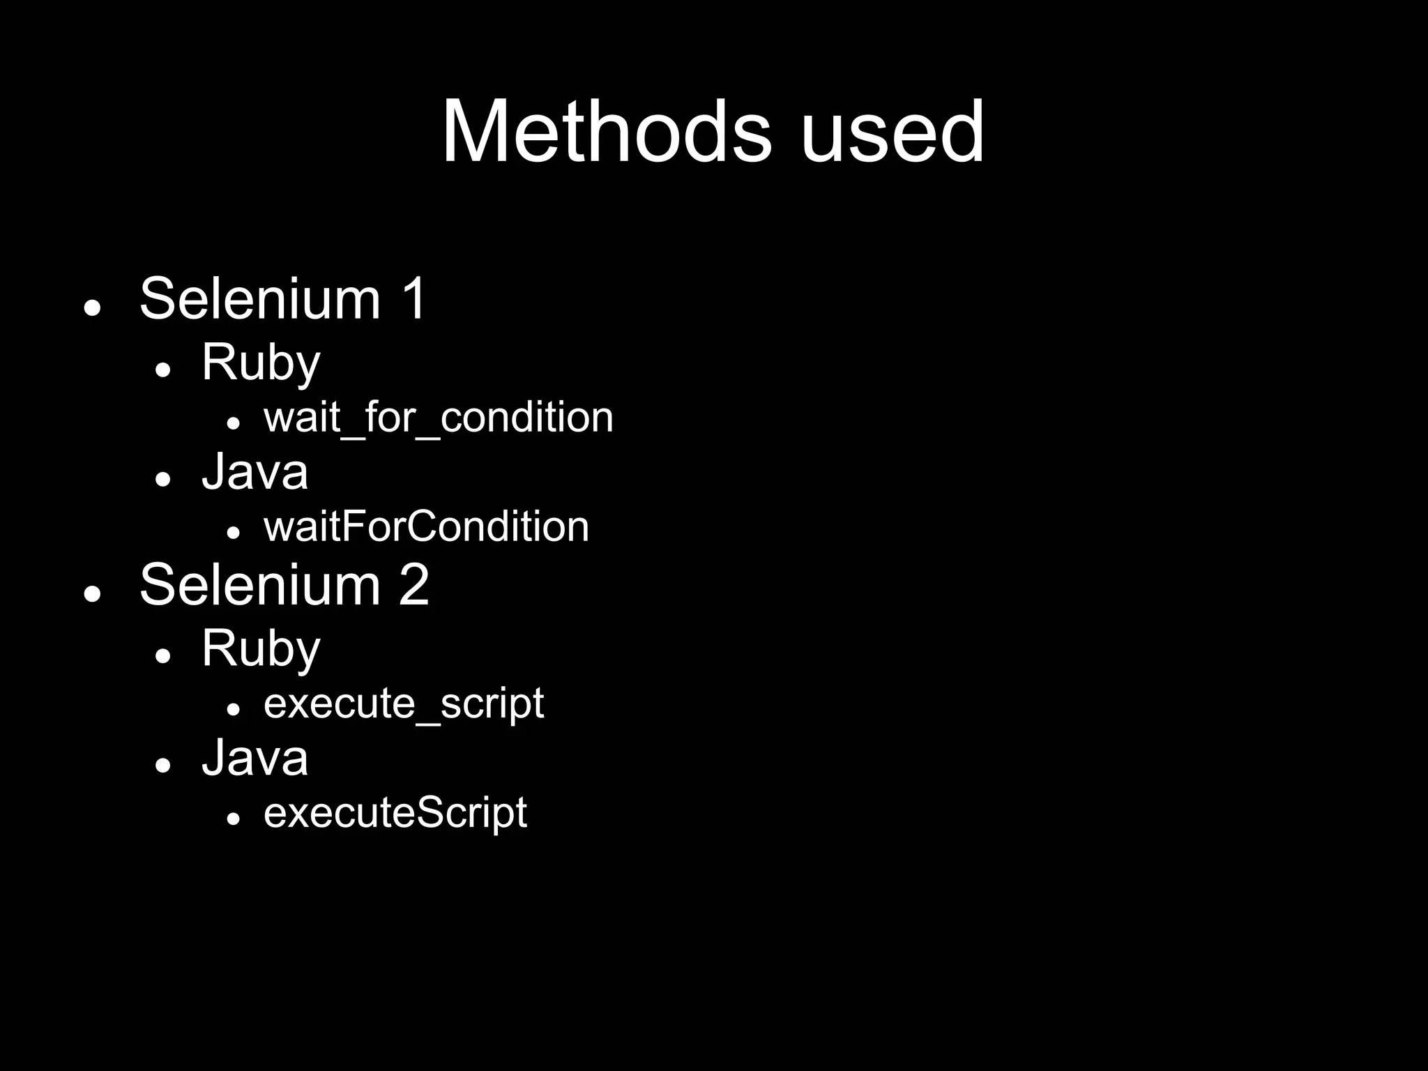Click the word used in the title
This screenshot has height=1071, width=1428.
click(x=892, y=132)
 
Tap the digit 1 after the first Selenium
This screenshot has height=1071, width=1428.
click(x=414, y=298)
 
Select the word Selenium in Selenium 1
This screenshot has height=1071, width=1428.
click(x=260, y=298)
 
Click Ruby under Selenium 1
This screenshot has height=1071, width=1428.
click(x=261, y=363)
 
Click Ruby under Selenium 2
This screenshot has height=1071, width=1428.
click(x=261, y=649)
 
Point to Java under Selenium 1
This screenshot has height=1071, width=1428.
click(x=255, y=472)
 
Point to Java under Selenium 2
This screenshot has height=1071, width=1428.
click(x=255, y=758)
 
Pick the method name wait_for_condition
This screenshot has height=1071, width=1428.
click(x=439, y=418)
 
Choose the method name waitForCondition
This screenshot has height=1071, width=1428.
click(x=426, y=526)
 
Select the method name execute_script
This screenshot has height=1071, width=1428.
click(x=404, y=704)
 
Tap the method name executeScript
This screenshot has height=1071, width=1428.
click(x=395, y=813)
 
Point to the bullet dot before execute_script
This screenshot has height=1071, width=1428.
click(x=234, y=709)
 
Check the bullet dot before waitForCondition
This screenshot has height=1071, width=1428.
click(x=234, y=532)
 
